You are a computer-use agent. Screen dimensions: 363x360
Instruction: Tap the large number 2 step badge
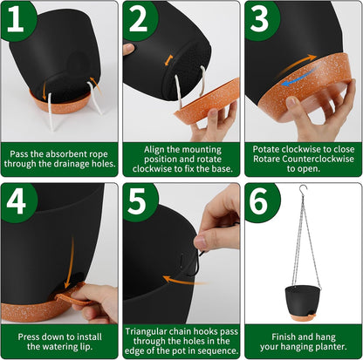point(139,19)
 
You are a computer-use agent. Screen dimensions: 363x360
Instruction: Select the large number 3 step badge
point(260,19)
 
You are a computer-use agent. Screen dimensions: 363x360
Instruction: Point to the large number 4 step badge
point(17,202)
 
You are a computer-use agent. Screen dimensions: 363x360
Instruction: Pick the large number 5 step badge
point(138,202)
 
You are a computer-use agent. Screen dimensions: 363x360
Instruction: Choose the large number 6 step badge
point(260,202)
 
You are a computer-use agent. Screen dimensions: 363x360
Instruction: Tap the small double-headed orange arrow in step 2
point(168,60)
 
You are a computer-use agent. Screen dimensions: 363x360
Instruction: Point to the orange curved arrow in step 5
point(185,281)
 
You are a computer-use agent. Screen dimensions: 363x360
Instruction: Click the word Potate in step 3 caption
point(266,149)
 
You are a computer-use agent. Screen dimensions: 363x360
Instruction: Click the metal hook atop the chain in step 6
point(303,188)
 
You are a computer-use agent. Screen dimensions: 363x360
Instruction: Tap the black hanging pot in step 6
point(303,300)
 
